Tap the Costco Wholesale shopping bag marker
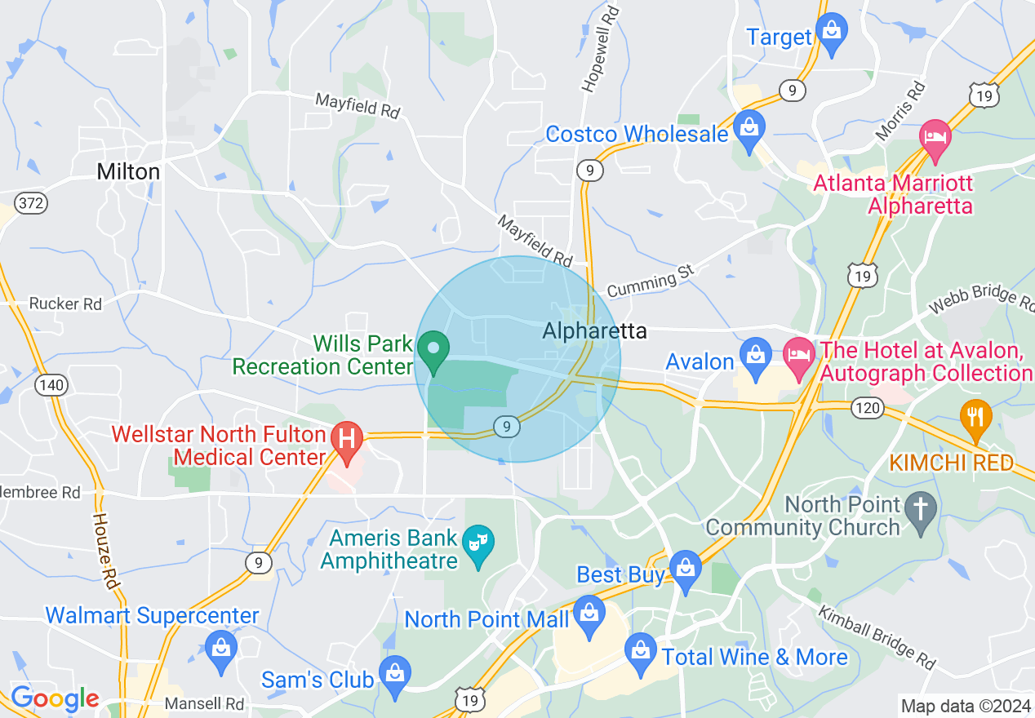748,129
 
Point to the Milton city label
128,171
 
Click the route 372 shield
31,202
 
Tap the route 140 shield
52,385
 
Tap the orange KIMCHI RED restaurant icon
975,417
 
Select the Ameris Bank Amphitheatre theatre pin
478,543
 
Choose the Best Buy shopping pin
684,568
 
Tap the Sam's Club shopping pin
395,674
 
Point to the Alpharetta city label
594,331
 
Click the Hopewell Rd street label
600,48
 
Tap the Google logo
55,699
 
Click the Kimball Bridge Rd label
876,636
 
